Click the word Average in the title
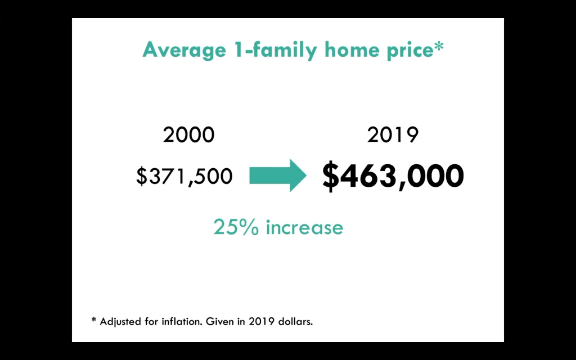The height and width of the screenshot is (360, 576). coord(184,50)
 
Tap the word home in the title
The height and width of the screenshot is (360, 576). coord(352,49)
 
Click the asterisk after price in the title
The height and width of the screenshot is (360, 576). coord(439,46)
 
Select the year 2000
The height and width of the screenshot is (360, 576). coord(189,135)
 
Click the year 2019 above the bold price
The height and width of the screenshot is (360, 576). coord(393,135)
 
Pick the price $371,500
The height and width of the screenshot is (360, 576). coord(184,176)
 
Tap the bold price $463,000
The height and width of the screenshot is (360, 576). coord(393,176)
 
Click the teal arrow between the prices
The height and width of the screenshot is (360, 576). coord(278,175)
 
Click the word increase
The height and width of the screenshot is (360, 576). coord(304,227)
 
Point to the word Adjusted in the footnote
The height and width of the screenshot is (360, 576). coord(120,322)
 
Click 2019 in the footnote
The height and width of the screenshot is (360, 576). coord(262,321)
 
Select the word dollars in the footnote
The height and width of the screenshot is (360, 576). coord(295,321)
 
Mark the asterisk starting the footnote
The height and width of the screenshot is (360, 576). coord(94,319)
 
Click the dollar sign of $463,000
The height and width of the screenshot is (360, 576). coord(331,176)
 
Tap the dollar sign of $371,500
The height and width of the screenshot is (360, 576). coord(141,176)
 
